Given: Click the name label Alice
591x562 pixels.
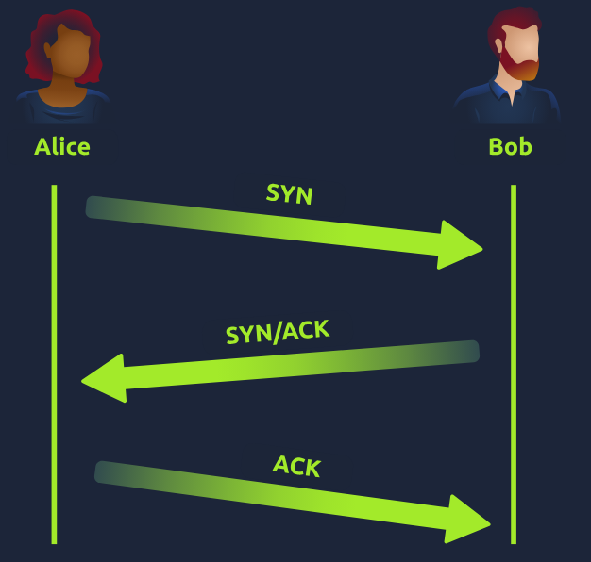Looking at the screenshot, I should (62, 147).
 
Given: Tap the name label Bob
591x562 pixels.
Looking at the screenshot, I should (510, 147).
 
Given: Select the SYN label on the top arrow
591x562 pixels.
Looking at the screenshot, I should (290, 194).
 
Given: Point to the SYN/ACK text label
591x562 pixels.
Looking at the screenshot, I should (278, 332).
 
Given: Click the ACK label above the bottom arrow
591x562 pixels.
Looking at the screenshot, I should (297, 465).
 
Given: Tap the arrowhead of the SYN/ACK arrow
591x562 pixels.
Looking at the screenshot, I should (104, 379).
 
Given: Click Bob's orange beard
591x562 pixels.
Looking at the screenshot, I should (520, 66).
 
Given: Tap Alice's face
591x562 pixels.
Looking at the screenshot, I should (65, 57).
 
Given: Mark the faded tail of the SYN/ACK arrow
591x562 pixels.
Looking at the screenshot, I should (463, 352).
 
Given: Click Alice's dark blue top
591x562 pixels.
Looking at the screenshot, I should (62, 108).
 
